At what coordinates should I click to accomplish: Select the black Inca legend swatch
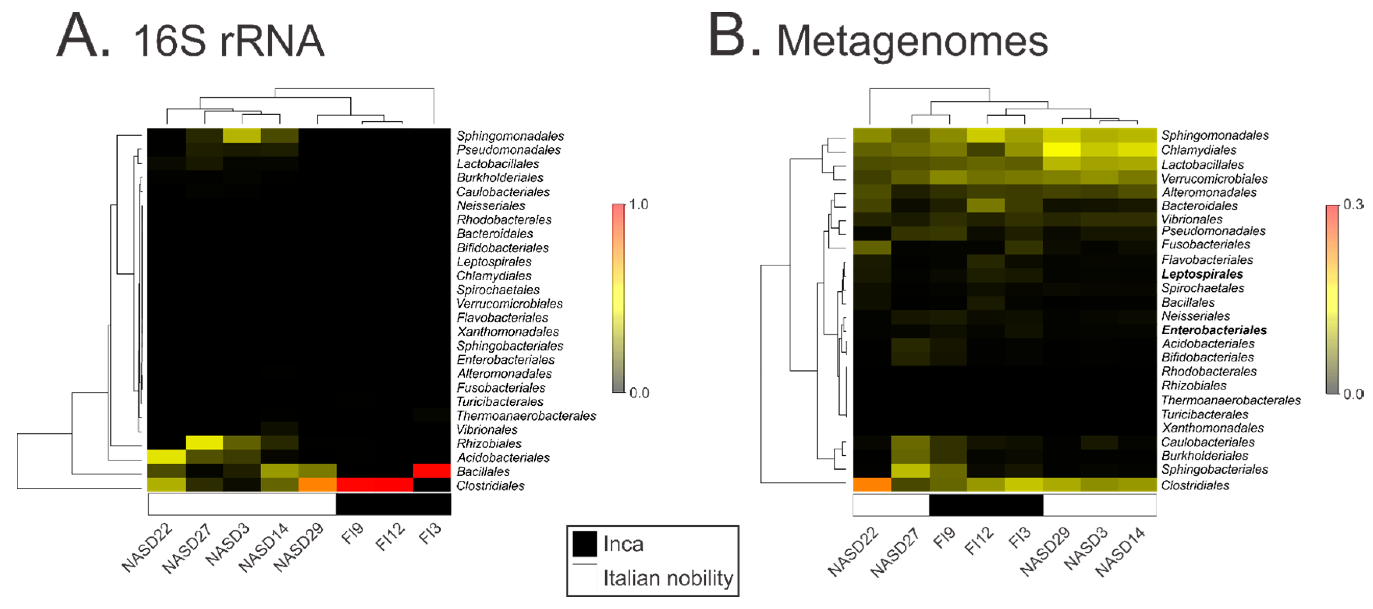[x=584, y=544]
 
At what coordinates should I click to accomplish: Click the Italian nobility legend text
[x=668, y=578]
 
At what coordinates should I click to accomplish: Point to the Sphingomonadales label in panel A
[x=510, y=136]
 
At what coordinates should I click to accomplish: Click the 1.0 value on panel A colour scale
[x=638, y=205]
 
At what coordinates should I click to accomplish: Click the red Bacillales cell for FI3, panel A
[x=432, y=471]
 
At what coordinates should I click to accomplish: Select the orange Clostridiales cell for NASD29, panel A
[x=317, y=485]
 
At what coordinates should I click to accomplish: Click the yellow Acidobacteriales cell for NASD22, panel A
[x=167, y=457]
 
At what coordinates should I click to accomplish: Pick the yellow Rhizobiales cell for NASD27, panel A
[x=205, y=443]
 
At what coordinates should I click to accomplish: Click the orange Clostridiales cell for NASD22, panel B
[x=872, y=484]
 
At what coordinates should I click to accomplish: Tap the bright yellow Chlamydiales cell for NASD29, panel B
[x=1062, y=150]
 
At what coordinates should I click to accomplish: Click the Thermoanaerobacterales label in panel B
[x=1231, y=400]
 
